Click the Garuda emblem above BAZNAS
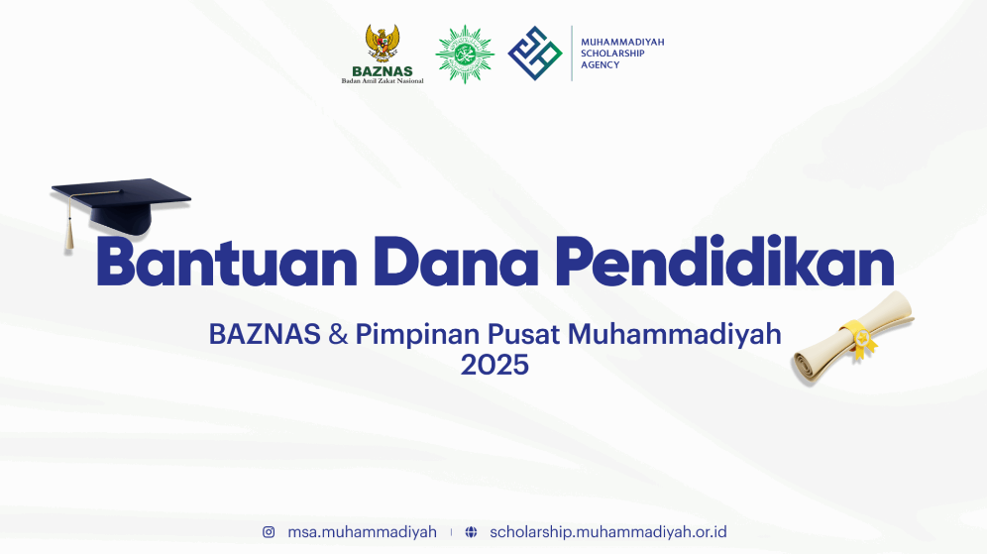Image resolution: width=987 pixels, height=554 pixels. click(383, 44)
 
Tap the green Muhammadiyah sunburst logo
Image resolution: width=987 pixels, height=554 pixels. click(465, 55)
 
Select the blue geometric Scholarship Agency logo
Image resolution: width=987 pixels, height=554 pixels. click(535, 53)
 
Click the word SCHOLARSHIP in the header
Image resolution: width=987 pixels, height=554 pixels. click(612, 54)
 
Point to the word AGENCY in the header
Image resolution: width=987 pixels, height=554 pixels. click(600, 64)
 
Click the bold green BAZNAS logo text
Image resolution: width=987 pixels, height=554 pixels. click(383, 71)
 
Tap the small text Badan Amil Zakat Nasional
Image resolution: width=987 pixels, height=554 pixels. click(383, 80)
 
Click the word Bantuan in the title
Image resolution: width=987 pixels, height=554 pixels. click(227, 262)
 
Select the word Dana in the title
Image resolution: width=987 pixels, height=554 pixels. click(456, 262)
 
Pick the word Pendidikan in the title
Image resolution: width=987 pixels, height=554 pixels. click(723, 262)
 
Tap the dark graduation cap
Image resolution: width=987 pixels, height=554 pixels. click(121, 208)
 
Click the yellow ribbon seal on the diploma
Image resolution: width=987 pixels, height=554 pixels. click(860, 338)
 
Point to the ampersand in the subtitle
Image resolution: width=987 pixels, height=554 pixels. click(338, 334)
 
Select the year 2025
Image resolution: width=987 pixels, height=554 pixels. click(494, 365)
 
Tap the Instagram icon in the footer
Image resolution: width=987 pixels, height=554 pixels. click(269, 532)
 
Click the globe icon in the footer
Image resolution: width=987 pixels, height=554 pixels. click(471, 532)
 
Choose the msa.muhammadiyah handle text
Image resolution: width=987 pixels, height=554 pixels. click(362, 532)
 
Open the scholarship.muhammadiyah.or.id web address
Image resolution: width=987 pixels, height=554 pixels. click(608, 532)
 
